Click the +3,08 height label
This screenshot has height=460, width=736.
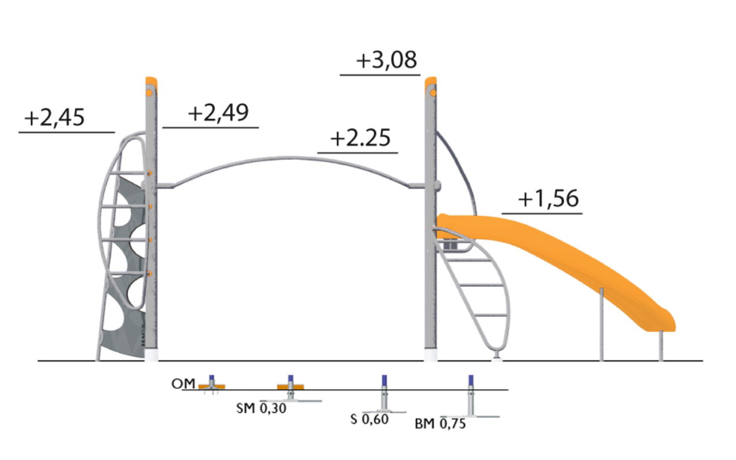tap(386, 60)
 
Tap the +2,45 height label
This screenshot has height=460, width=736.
tap(54, 118)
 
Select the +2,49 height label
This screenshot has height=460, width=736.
tap(218, 113)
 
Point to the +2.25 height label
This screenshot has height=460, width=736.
tap(360, 138)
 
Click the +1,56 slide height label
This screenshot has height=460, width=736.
tap(548, 198)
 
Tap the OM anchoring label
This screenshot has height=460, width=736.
tap(183, 384)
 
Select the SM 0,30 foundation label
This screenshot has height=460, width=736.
tap(261, 408)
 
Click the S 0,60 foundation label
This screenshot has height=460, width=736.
tap(369, 419)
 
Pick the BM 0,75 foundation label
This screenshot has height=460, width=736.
tap(440, 424)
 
